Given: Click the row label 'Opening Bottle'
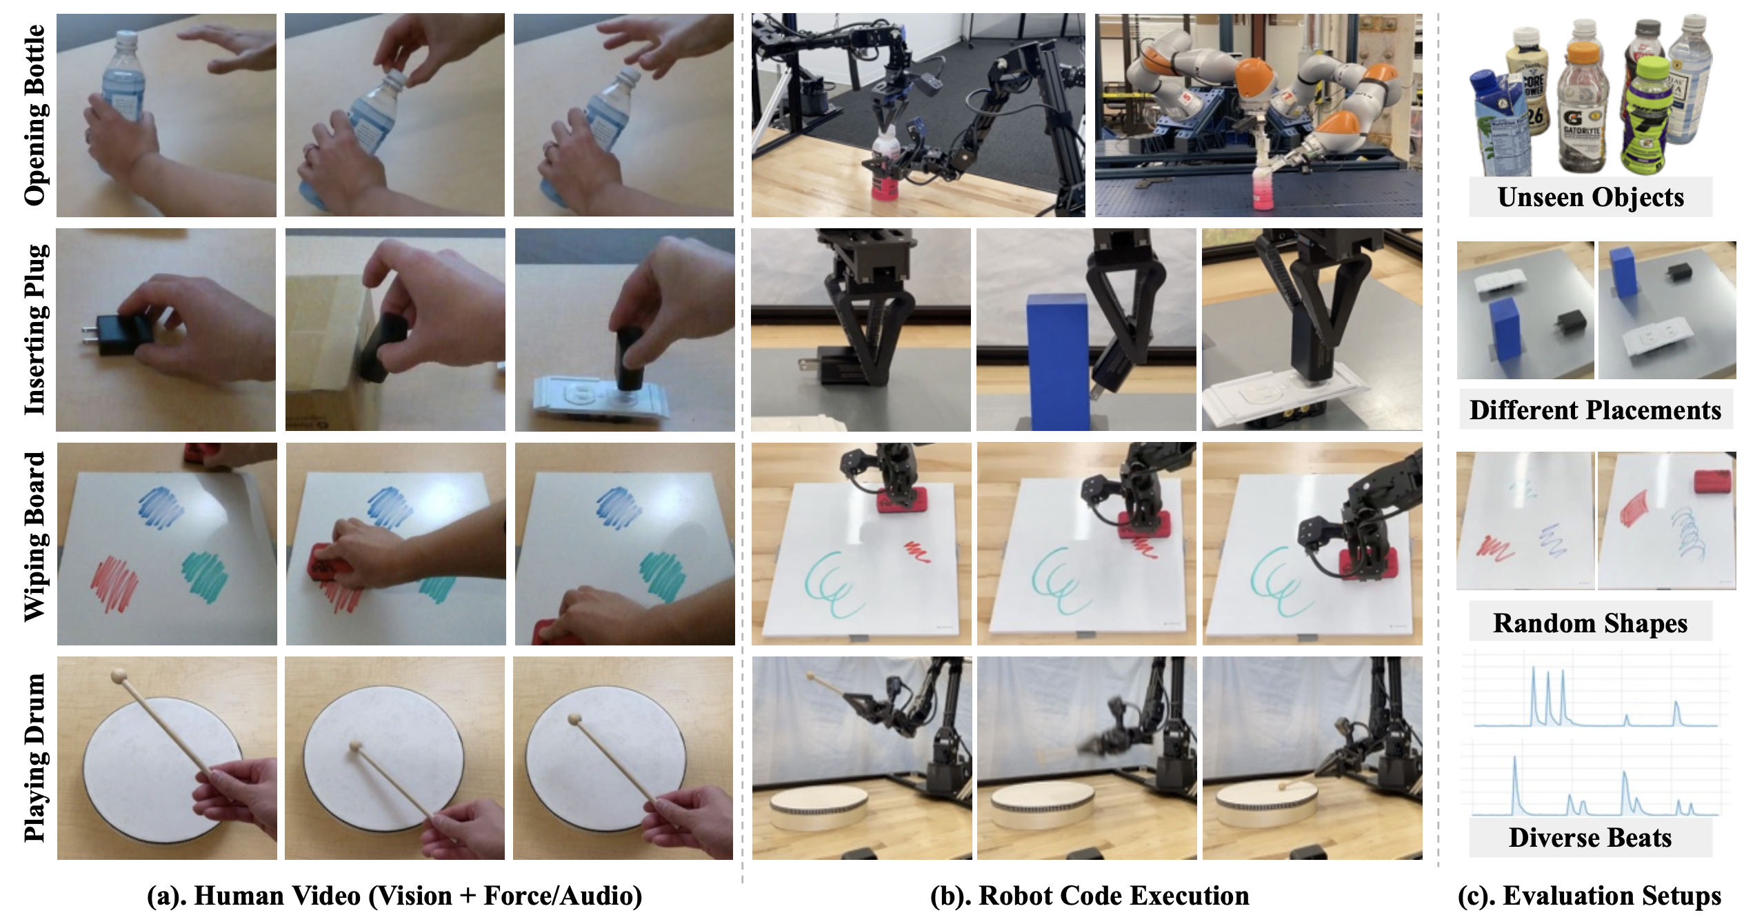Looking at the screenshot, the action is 34,115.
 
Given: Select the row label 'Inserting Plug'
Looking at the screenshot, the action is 34,330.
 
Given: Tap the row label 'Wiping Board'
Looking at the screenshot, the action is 34,537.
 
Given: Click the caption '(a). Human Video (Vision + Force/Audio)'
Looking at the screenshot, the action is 394,896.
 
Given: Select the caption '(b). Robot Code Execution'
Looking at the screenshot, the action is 1090,896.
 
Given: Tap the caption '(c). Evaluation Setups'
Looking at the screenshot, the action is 1590,896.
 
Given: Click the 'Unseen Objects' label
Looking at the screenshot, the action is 1590,197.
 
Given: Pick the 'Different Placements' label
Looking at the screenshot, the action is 1595,410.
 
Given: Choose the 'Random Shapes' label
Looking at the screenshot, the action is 1590,623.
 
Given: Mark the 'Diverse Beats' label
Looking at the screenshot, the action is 1590,838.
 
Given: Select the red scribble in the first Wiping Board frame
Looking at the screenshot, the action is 114,583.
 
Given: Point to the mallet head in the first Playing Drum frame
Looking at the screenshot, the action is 119,676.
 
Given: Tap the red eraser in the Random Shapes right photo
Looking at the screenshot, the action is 1712,481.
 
